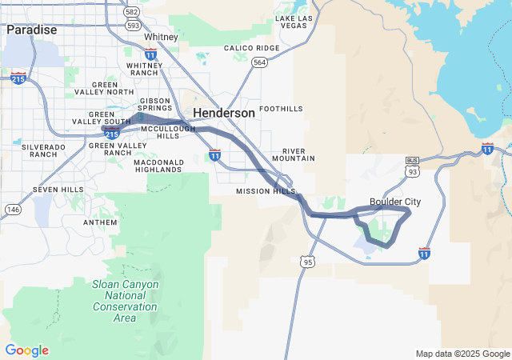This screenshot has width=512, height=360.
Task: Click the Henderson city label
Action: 224,114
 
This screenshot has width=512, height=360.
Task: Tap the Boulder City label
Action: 395,202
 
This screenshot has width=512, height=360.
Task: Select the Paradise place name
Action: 31,30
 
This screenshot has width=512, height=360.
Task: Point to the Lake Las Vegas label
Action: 294,22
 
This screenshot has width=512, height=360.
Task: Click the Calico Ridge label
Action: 251,48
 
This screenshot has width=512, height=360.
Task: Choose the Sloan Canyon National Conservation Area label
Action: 125,301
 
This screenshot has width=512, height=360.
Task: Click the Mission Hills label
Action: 266,192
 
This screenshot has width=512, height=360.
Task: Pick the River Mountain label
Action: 294,154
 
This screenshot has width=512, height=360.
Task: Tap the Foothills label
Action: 282,108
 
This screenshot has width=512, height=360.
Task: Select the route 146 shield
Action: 13,209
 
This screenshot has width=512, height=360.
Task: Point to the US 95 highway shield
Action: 308,262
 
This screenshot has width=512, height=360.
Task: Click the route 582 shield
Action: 132,13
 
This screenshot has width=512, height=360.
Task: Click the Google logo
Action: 26,350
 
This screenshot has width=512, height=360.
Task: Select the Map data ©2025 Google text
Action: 462,354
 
